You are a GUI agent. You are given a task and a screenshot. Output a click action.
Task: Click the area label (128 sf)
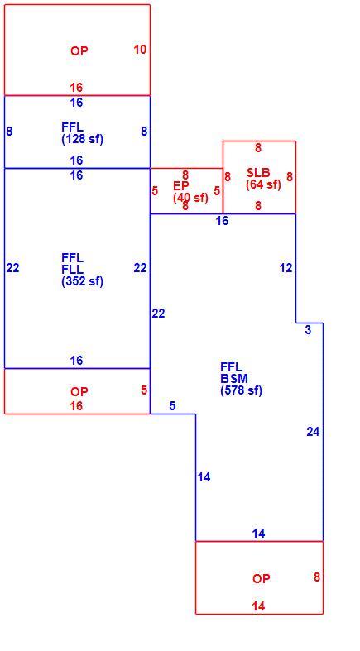[82, 139]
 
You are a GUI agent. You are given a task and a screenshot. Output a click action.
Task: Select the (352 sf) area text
[82, 281]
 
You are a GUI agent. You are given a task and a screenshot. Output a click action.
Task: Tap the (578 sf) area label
[242, 390]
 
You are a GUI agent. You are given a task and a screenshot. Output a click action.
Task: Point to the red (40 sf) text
[190, 198]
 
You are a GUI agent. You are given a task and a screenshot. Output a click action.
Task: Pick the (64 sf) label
[263, 184]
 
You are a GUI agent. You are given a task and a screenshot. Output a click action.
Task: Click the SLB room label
[258, 173]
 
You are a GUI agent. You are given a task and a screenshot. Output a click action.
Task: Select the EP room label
[181, 186]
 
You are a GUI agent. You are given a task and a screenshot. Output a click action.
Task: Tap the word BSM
[234, 379]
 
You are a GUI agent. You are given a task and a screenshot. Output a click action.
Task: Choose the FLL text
[72, 270]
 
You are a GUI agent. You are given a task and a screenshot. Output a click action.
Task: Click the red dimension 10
[140, 50]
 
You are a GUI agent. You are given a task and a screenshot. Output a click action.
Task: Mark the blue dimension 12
[286, 268]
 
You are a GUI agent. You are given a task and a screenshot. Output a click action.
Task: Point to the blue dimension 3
[308, 331]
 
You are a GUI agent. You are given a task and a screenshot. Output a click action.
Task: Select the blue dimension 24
[313, 432]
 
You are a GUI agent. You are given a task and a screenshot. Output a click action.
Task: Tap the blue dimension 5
[172, 406]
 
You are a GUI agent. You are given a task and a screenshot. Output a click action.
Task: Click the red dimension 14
[258, 606]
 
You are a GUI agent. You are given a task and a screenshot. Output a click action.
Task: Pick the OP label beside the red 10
[79, 51]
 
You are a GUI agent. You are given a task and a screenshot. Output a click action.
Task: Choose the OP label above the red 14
[262, 578]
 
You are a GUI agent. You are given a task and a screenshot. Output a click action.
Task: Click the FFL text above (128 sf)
[72, 127]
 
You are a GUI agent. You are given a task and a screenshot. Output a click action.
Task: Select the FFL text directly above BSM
[231, 367]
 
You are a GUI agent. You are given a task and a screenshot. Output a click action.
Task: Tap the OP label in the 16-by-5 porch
[79, 392]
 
